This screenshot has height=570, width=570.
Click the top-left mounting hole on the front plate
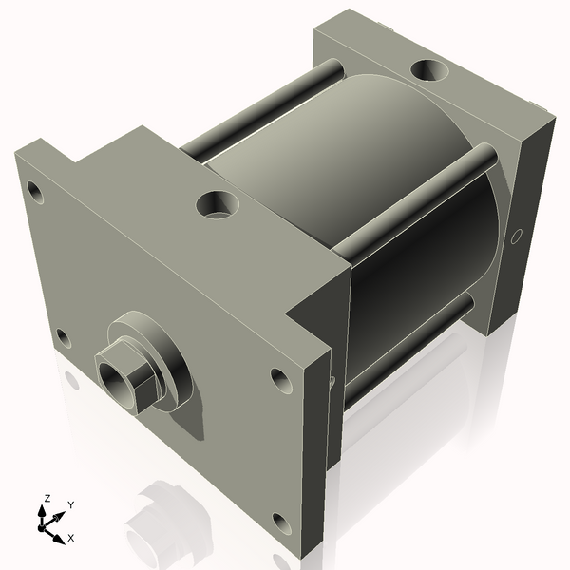(35, 193)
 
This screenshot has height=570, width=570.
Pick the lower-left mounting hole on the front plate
(63, 337)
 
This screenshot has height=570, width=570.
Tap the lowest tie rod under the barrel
(408, 352)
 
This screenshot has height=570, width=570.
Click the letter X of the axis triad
(70, 538)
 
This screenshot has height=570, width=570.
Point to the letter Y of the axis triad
(70, 504)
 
